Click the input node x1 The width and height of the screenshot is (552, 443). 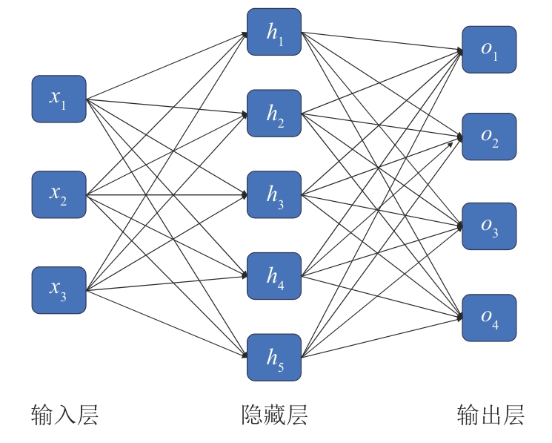click(59, 99)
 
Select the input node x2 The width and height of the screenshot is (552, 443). click(59, 194)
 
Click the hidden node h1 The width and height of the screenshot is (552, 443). click(274, 32)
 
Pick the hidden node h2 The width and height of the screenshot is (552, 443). click(274, 113)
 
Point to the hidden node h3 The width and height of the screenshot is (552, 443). click(274, 194)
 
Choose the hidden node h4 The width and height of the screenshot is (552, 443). click(274, 276)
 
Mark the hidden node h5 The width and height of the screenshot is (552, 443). click(274, 357)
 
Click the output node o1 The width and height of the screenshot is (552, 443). click(489, 50)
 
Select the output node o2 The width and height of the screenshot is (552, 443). click(489, 137)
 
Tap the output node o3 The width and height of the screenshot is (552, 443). click(489, 226)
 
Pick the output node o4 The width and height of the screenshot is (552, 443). click(489, 318)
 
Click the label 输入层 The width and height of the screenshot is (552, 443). click(64, 415)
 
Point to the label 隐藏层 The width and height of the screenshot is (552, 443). click(274, 415)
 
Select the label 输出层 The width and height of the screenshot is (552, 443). click(490, 415)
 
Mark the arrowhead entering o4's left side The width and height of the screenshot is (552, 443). click(459, 318)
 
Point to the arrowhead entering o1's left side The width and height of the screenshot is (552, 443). click(459, 51)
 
